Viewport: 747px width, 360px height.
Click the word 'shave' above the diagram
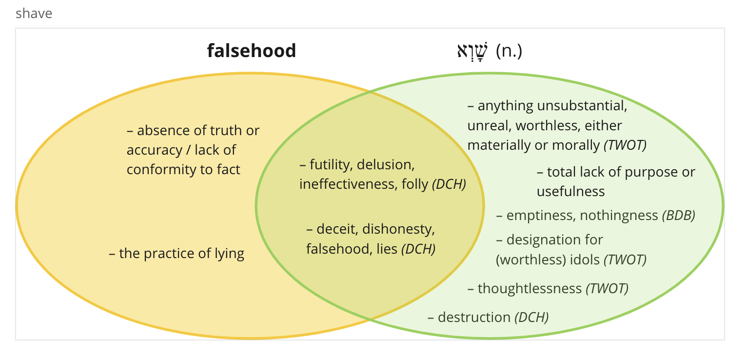[34, 14]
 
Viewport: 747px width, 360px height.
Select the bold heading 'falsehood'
[252, 51]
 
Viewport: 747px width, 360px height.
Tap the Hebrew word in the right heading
[472, 51]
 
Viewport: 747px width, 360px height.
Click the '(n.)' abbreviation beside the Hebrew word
[509, 51]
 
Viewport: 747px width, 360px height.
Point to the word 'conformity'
[161, 170]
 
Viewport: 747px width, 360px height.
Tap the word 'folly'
[415, 184]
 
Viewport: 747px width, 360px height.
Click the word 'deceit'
[337, 229]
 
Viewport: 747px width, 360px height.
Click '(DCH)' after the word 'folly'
[449, 184]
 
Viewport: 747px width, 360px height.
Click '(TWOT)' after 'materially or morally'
[625, 145]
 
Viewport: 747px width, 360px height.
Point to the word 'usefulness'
[570, 192]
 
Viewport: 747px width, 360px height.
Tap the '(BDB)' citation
[679, 216]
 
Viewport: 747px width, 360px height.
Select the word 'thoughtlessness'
[530, 289]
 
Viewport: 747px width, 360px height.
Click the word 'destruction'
[474, 317]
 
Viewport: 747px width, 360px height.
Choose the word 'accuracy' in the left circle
[155, 150]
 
